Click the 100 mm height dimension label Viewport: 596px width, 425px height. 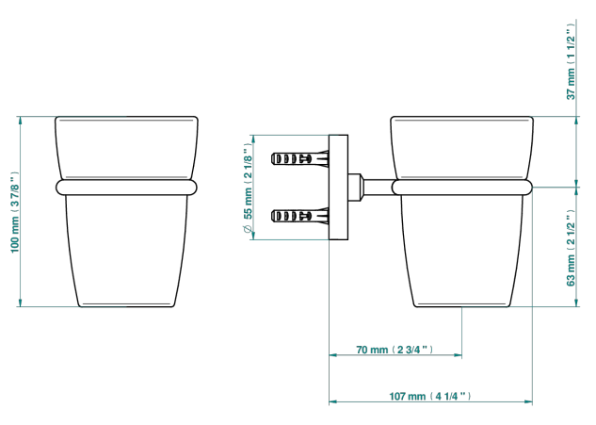point(14,212)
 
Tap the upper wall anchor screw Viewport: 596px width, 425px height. point(300,158)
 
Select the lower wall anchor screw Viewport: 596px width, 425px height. point(300,217)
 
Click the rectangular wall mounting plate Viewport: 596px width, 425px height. point(338,188)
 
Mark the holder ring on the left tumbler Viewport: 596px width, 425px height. point(126,188)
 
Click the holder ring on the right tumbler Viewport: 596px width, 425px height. point(461,188)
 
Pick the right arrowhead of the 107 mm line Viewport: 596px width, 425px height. point(528,401)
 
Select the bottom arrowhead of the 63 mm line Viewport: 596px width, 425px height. point(576,302)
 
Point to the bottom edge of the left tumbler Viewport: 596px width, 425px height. point(126,306)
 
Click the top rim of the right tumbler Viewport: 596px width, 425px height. point(461,117)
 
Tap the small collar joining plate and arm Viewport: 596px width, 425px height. point(355,188)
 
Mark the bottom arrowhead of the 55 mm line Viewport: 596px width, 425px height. point(253,236)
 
